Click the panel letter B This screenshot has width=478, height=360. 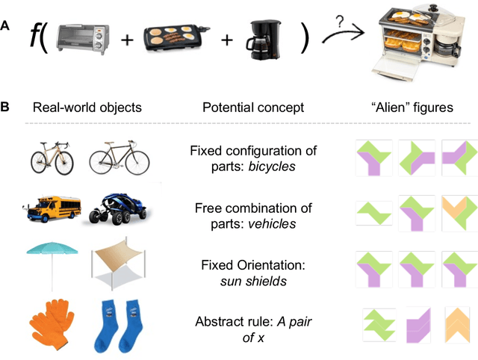pyautogui.click(x=5, y=107)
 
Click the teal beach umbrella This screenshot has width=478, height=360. pyautogui.click(x=50, y=261)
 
